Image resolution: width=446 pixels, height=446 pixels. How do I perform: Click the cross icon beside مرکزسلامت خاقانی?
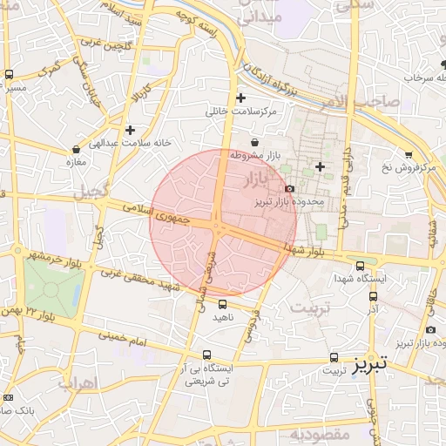click(x=241, y=98)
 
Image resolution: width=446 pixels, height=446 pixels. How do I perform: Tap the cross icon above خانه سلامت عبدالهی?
click(x=130, y=129)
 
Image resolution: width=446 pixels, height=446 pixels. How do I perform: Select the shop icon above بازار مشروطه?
click(x=254, y=142)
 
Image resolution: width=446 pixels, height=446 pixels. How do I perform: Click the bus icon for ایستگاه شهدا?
click(x=361, y=266)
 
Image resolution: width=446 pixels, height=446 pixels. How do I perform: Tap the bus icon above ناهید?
click(x=223, y=304)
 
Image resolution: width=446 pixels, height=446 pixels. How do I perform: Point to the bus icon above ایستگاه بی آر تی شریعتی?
click(x=206, y=355)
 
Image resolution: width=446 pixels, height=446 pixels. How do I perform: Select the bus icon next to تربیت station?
click(x=334, y=358)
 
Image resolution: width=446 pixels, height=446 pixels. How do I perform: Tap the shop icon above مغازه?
click(x=77, y=149)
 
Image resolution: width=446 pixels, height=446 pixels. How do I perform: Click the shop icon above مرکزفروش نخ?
click(x=409, y=154)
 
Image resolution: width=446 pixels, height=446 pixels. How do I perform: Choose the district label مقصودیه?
click(x=320, y=433)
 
